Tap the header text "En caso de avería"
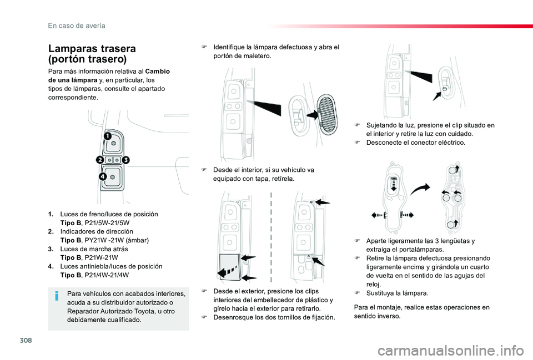[76, 25]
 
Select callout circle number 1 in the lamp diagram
[106, 136]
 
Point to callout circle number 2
[100, 160]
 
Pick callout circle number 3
[126, 160]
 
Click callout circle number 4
[103, 177]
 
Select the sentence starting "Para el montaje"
[421, 311]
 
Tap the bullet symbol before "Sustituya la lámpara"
[359, 293]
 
